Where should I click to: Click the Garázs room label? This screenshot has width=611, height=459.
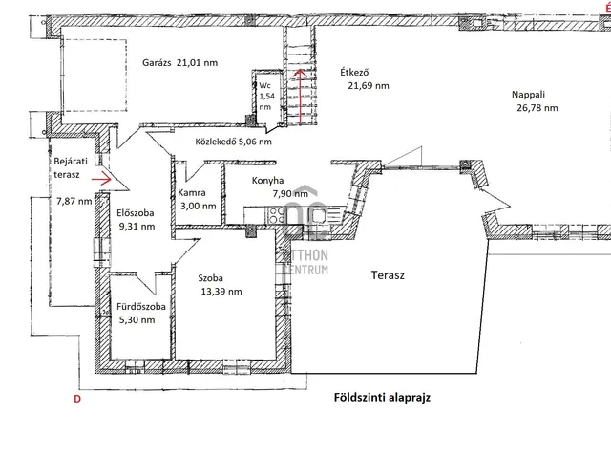(x=157, y=63)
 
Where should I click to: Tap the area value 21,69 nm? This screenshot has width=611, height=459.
(x=369, y=86)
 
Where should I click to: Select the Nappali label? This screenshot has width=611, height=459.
(x=528, y=95)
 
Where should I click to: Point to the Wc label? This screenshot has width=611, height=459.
(x=264, y=85)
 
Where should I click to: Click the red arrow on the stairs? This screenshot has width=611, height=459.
(x=300, y=96)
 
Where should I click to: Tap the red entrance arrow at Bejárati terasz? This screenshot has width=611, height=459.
(x=101, y=179)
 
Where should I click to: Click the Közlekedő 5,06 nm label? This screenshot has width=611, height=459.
(x=233, y=142)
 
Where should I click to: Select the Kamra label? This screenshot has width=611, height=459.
(x=192, y=192)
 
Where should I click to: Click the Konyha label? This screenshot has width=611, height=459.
(x=267, y=181)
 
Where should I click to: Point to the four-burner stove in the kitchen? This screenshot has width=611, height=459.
(x=277, y=215)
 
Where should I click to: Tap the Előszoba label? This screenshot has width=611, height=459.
(x=136, y=213)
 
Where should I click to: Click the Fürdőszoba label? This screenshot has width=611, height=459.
(x=141, y=307)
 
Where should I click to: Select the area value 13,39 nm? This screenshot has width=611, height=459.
(x=221, y=292)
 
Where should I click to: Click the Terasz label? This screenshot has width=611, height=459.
(x=388, y=275)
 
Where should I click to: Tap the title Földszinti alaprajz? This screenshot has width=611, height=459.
(x=382, y=398)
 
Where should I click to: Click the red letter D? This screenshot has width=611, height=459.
(x=77, y=399)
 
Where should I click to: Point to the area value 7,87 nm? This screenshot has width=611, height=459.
(x=74, y=202)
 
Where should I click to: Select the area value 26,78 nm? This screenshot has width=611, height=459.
(x=537, y=108)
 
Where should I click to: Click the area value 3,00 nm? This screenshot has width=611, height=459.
(x=199, y=207)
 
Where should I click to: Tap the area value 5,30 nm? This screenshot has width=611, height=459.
(x=137, y=320)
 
